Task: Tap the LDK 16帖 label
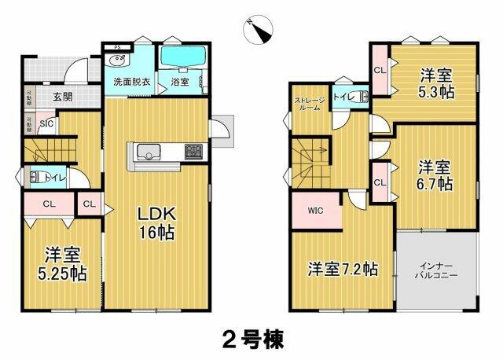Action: [x=156, y=222]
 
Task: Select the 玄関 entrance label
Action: [x=64, y=97]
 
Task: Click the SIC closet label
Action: [x=46, y=123]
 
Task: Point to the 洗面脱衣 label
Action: [x=127, y=81]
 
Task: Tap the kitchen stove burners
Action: [x=193, y=150]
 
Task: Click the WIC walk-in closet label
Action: [x=315, y=211]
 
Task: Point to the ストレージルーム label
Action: [x=307, y=104]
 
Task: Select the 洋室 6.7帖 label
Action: [x=434, y=175]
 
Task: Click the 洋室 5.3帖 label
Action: [x=435, y=83]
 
